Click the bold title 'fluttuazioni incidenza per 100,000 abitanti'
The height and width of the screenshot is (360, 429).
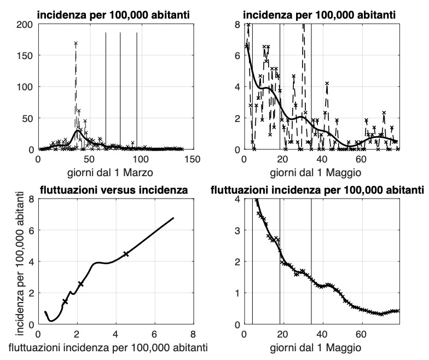[317, 190]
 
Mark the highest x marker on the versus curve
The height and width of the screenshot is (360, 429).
[126, 254]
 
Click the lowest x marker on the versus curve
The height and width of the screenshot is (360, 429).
[65, 301]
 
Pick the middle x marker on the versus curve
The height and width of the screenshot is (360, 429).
[81, 284]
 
